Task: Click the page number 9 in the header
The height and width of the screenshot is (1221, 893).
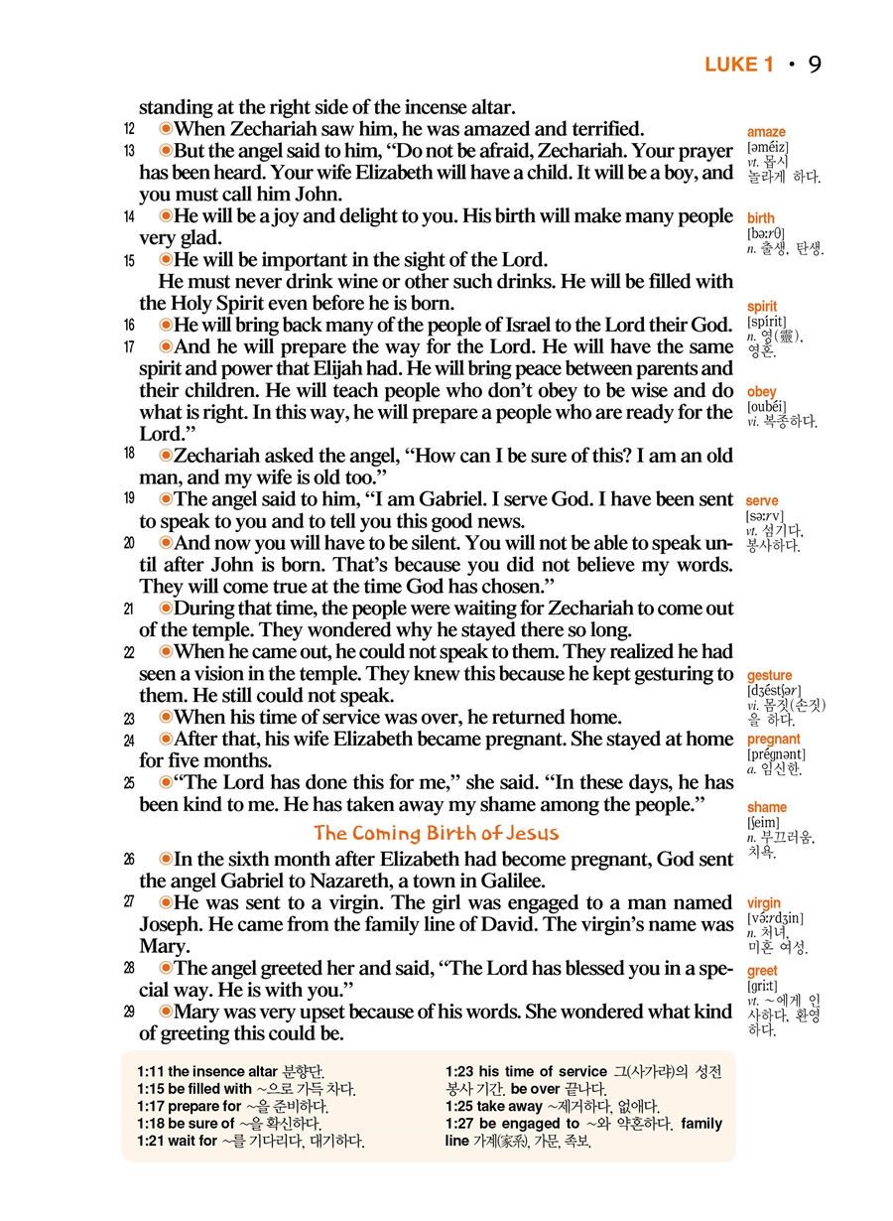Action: point(814,66)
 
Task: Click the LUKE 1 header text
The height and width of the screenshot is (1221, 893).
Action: point(738,66)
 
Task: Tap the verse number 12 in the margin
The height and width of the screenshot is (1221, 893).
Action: point(129,129)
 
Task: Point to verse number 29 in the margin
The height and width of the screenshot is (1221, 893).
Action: point(129,1012)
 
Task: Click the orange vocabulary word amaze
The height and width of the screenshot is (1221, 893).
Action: point(766,132)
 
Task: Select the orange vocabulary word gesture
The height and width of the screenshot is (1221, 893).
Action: point(769,676)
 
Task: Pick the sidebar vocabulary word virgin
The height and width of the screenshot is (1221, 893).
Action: point(764,903)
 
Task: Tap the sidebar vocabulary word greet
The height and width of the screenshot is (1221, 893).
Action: point(762,971)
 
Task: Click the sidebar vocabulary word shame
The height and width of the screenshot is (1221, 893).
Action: point(767,808)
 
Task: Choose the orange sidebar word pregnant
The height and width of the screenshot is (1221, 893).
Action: point(774,740)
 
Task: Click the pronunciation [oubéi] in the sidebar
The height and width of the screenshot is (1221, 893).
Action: point(766,407)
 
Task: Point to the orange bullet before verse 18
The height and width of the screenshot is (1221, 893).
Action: point(166,455)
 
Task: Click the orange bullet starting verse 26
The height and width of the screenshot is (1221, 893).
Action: point(166,860)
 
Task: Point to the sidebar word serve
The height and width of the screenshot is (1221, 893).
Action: point(762,501)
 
